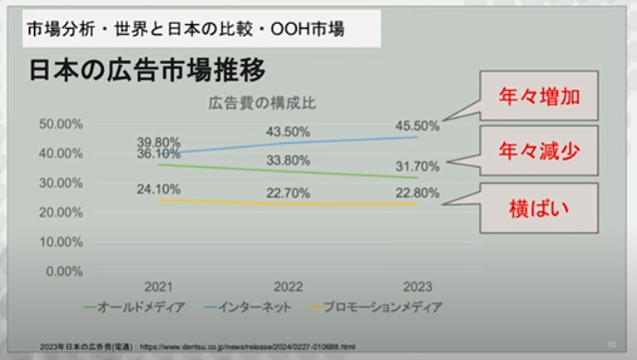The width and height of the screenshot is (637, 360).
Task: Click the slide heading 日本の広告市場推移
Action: pos(147,70)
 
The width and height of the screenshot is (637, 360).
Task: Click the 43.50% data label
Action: pos(288,132)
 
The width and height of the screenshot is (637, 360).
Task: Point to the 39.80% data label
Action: pos(159,141)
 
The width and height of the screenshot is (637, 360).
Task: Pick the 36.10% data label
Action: pos(159,154)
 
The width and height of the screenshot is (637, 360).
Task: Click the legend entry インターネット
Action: pos(254,307)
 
